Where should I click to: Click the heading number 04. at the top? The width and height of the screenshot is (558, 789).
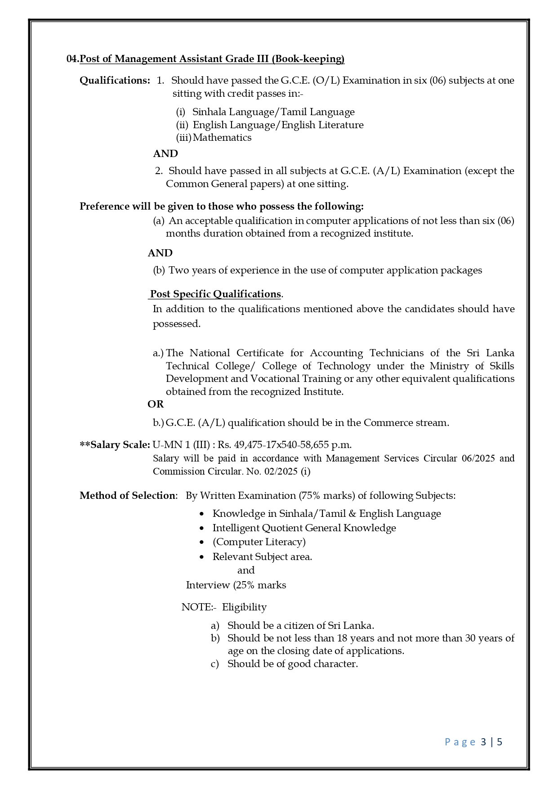[72, 59]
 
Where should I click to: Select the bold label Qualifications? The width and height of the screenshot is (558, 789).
[115, 81]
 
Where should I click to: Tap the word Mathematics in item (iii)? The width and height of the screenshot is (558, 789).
[222, 138]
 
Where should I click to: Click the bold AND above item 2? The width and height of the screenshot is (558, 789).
[165, 154]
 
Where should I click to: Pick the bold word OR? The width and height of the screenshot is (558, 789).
[156, 404]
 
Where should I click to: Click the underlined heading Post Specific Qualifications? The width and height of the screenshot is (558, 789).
[215, 294]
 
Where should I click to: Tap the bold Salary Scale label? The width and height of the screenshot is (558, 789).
[120, 445]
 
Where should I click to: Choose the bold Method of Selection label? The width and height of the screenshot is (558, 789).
[127, 496]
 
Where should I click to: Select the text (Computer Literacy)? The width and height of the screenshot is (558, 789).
[259, 542]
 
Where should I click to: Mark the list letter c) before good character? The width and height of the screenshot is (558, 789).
[214, 664]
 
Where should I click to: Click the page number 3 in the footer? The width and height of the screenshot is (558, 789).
[483, 742]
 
